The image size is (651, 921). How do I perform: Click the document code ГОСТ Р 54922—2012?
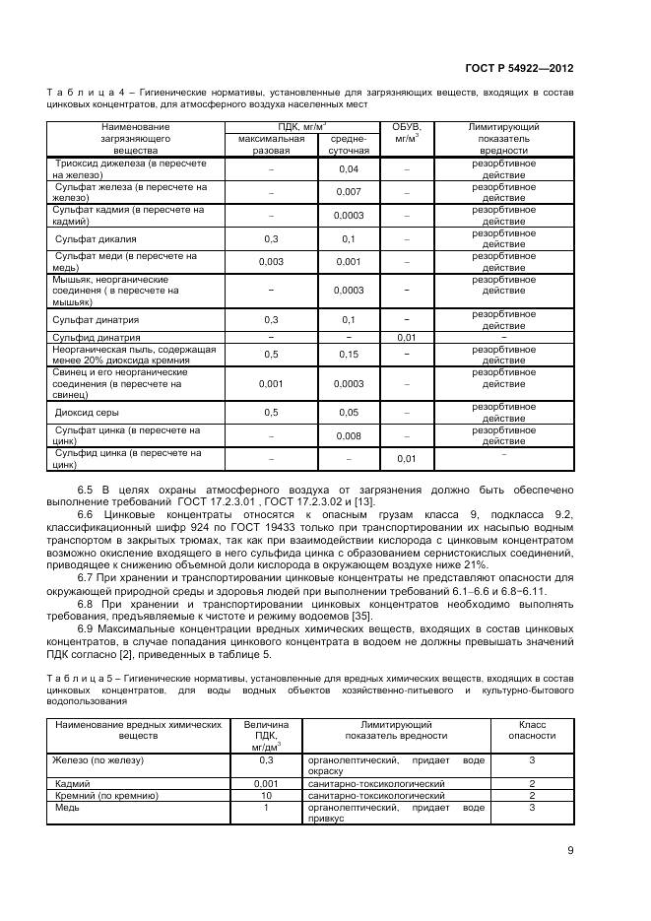point(519,68)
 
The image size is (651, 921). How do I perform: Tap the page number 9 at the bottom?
point(570,851)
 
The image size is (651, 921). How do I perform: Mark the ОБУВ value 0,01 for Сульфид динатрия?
point(407,337)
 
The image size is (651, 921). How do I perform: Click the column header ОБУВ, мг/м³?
point(407,133)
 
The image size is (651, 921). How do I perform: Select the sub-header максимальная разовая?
point(271,145)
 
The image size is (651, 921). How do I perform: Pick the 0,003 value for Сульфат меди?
point(271,262)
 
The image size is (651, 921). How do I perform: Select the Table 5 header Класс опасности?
point(531,729)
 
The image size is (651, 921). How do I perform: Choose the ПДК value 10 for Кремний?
point(265,795)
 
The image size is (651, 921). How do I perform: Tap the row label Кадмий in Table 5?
point(72,783)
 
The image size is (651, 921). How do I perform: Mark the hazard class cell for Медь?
point(531,808)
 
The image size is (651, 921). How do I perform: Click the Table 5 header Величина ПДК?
point(265,735)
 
